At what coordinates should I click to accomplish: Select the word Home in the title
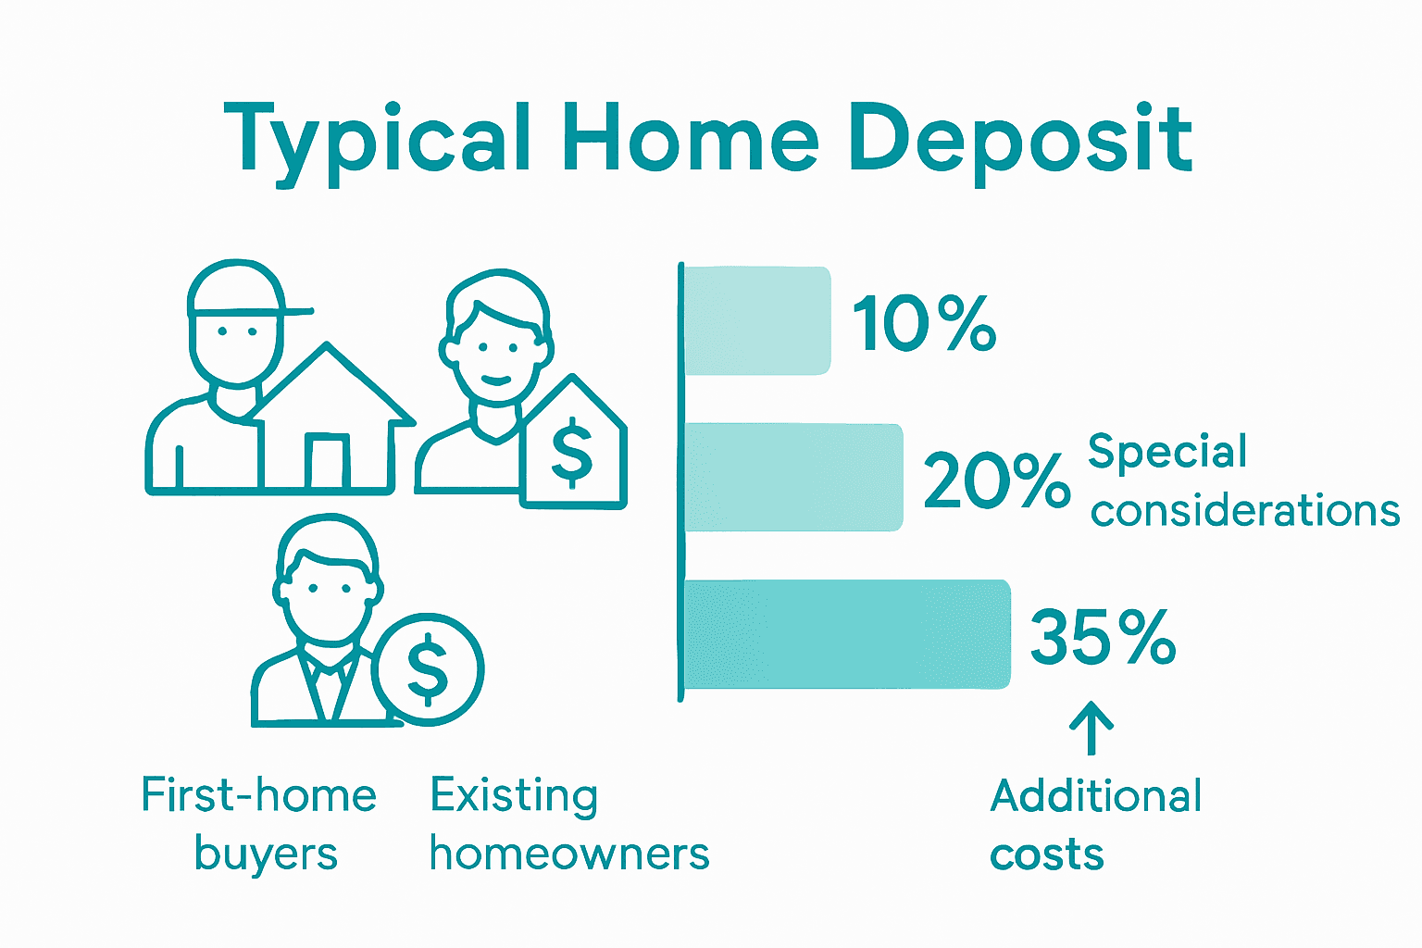click(x=691, y=139)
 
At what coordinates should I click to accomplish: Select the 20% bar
click(x=792, y=477)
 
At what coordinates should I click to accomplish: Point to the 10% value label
click(x=924, y=324)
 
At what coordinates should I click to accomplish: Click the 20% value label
click(x=996, y=480)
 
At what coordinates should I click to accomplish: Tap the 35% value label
click(x=1102, y=637)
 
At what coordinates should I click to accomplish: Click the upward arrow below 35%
click(x=1091, y=728)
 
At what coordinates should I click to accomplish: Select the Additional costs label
click(x=1094, y=824)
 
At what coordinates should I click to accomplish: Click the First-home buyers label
click(x=259, y=824)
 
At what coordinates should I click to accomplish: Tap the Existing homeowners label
click(x=568, y=824)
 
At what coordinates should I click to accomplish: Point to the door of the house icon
click(x=327, y=460)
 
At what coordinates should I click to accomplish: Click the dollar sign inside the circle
click(x=428, y=669)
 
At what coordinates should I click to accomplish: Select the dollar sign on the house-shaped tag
click(x=571, y=453)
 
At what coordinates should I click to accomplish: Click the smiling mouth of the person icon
click(x=496, y=380)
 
